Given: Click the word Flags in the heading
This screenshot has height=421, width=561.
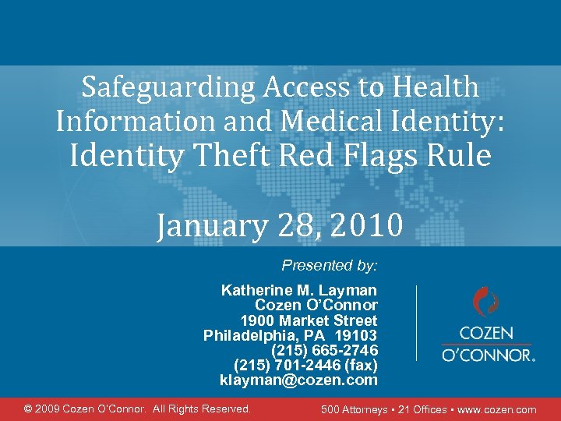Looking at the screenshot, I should coord(383,156).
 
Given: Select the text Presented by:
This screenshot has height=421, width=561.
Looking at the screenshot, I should coord(330,265).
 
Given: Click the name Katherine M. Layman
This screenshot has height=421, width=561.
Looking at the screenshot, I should coord(299,291).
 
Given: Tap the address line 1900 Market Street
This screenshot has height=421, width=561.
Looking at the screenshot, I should coord(309,320).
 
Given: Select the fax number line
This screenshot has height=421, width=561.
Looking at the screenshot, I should coord(305,365).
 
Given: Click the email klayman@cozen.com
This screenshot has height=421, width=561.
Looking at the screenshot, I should coord(298,380).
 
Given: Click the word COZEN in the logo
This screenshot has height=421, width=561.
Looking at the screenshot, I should coord(486,333).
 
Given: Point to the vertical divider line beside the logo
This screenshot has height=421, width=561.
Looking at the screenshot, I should coord(417,322).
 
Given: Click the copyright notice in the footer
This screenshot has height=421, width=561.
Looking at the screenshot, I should coord(138,409).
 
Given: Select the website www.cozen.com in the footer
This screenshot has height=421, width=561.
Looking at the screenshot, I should coord(498,409).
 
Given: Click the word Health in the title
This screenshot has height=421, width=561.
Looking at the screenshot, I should coord(437,87).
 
